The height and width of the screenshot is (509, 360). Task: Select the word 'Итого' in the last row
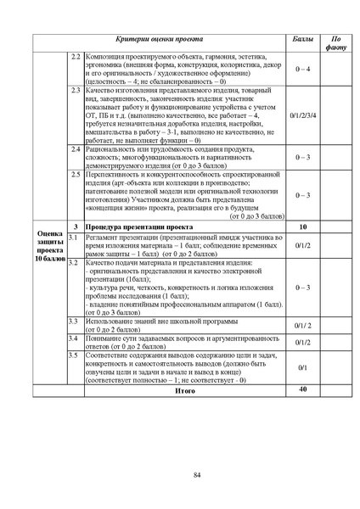coord(184,391)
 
